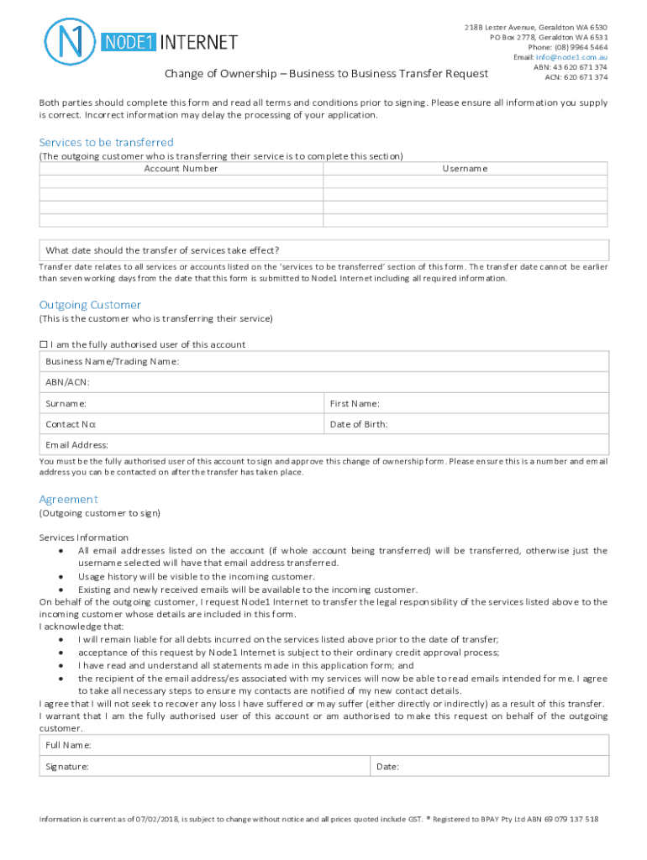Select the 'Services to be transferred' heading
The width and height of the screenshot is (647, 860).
tap(106, 143)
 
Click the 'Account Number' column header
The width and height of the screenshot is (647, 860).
tap(181, 169)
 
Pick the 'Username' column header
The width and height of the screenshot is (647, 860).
tap(465, 169)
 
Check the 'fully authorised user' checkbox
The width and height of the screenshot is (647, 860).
tap(45, 345)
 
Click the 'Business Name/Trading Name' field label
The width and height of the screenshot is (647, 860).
tap(112, 361)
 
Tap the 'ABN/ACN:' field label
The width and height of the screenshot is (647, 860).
tap(68, 382)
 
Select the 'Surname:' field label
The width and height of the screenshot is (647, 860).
tap(66, 403)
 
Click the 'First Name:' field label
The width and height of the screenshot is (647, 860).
tap(355, 403)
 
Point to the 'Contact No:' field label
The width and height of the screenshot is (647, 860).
tap(71, 424)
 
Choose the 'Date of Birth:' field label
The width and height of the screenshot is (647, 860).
tap(359, 424)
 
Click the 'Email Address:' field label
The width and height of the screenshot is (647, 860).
tap(77, 445)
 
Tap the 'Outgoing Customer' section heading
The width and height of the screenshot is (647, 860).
tap(90, 305)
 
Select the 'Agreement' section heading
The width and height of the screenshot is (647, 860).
tap(69, 499)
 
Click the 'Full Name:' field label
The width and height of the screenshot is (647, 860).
tap(69, 745)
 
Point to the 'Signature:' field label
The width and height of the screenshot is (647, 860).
tap(68, 767)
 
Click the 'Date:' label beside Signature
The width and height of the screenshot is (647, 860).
tap(387, 767)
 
